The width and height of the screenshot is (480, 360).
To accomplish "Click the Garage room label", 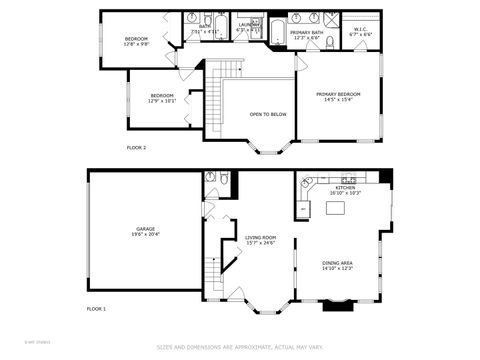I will [x=145, y=230].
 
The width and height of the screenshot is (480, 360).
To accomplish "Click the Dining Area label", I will [x=336, y=264].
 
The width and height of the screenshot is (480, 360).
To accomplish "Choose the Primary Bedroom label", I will [x=338, y=96].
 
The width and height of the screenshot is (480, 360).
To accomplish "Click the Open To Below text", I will [x=268, y=114].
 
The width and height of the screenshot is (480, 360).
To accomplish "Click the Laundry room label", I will [x=247, y=27].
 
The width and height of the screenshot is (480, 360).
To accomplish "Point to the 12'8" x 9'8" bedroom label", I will [x=136, y=41].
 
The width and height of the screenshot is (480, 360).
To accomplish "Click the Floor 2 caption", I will [x=136, y=147].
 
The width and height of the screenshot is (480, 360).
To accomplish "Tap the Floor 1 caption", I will [x=96, y=308].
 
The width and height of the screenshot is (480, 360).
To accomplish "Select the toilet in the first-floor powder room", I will [x=222, y=180].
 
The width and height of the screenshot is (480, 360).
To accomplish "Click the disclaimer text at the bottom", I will [x=239, y=348].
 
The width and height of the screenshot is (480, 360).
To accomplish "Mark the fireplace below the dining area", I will [x=336, y=305].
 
